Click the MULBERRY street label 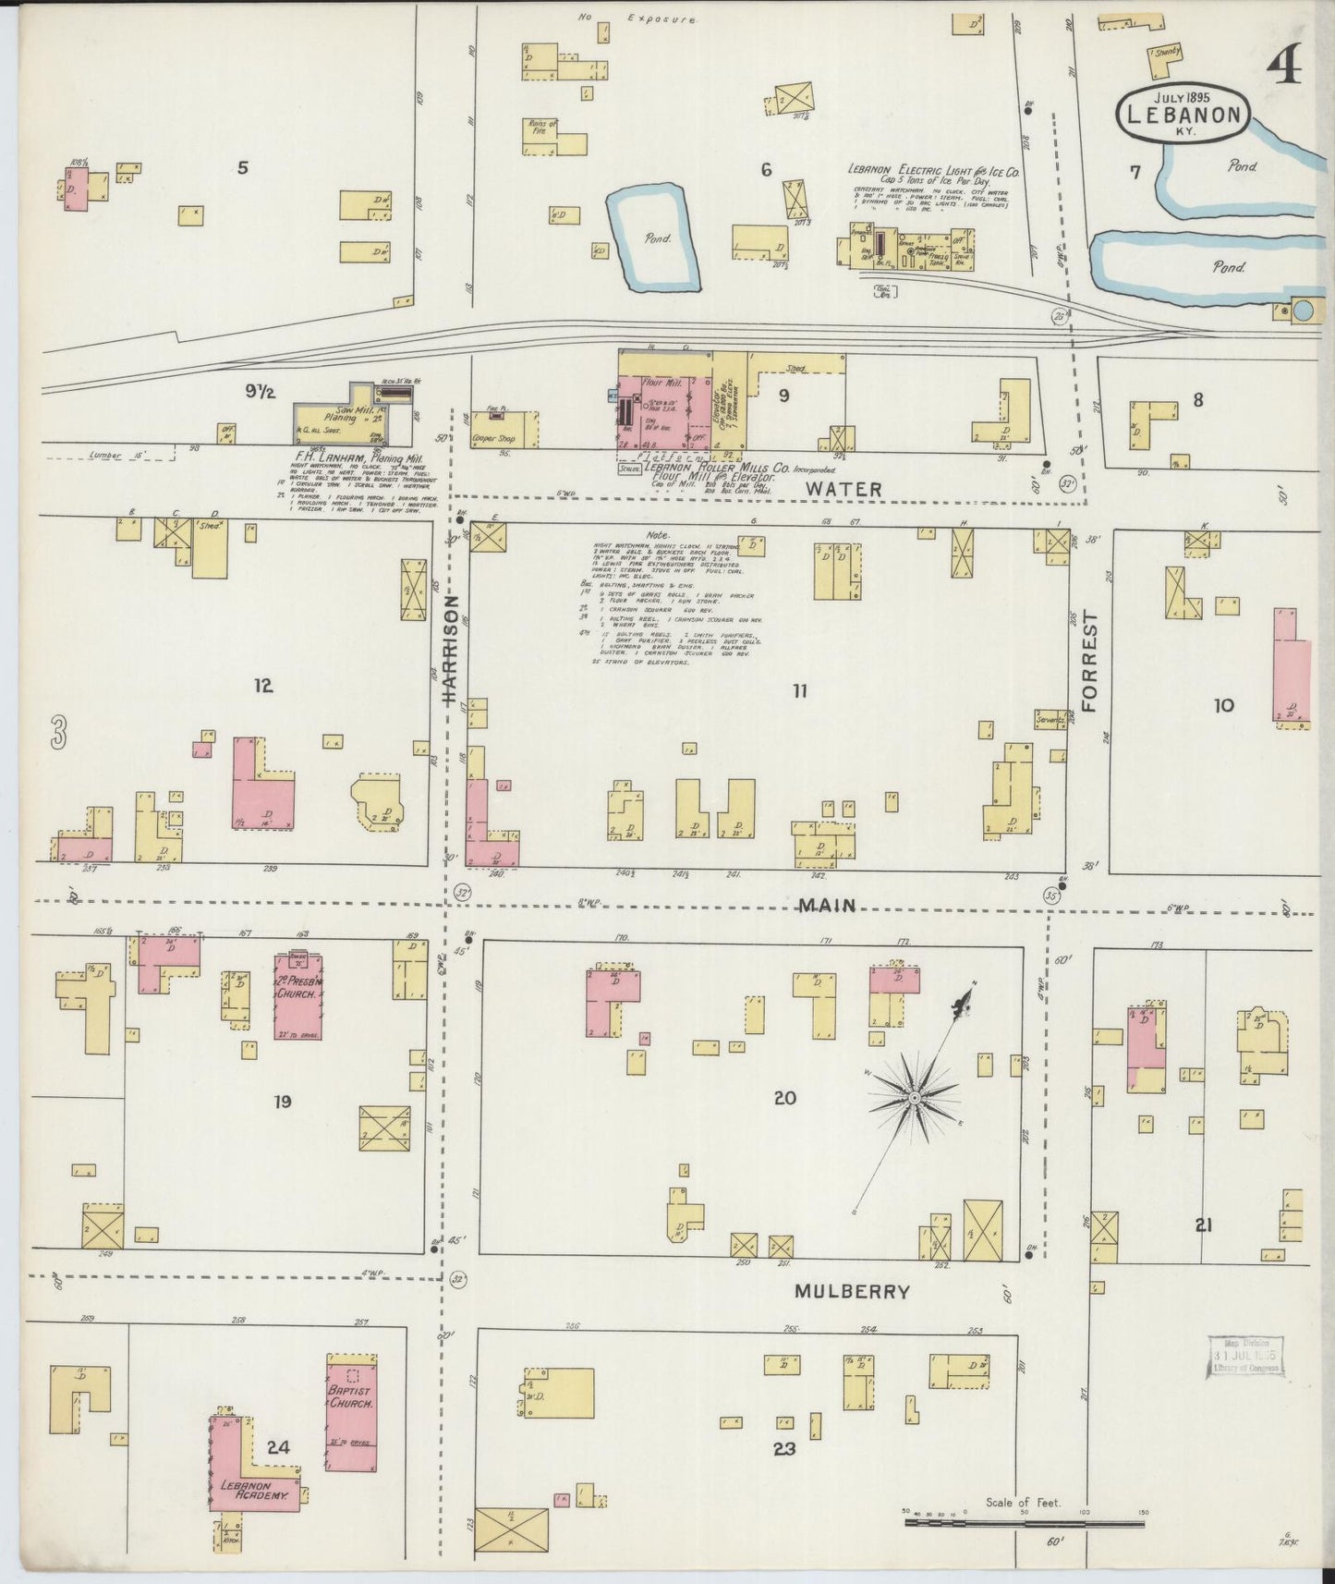pyautogui.click(x=852, y=1292)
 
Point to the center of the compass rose pyautogui.click(x=913, y=1097)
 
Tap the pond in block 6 pyautogui.click(x=651, y=238)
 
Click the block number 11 pyautogui.click(x=799, y=690)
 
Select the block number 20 pyautogui.click(x=784, y=1098)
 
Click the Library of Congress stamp pyautogui.click(x=1244, y=1357)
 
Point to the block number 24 pyautogui.click(x=278, y=1446)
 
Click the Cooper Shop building pyautogui.click(x=504, y=429)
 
